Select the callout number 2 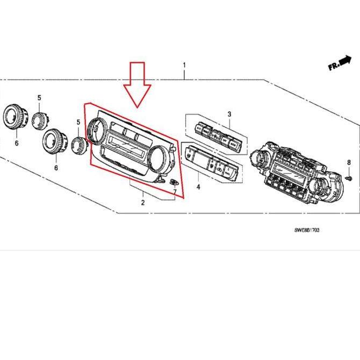(x=143, y=203)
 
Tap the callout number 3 (x=229, y=114)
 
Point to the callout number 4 (x=198, y=187)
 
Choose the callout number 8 (x=348, y=162)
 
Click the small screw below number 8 (x=348, y=175)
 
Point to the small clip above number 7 (x=174, y=183)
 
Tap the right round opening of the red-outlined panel (x=158, y=158)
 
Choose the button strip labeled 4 (x=212, y=162)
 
